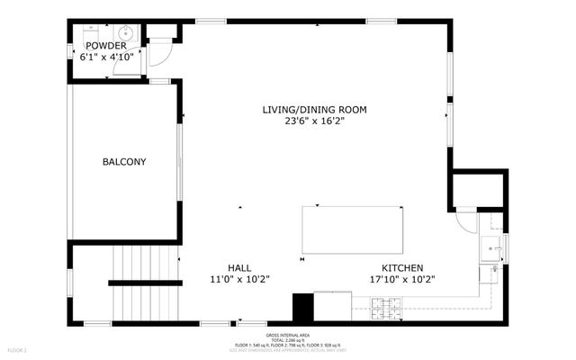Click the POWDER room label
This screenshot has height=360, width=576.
pos(106,45)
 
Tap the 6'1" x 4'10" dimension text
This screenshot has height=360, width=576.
pos(106,56)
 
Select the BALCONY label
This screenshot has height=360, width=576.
pos(124,162)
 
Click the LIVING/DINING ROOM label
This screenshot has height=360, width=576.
pos(314,110)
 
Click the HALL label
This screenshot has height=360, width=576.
pos(238,267)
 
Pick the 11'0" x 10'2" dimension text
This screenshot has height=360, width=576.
pos(238,279)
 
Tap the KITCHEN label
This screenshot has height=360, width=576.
pos(402,267)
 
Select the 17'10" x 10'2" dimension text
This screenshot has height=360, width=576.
pos(402,279)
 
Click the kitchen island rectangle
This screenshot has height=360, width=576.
pos(352,229)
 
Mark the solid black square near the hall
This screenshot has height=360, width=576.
pos(302,308)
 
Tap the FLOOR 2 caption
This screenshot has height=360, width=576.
pos(18,349)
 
